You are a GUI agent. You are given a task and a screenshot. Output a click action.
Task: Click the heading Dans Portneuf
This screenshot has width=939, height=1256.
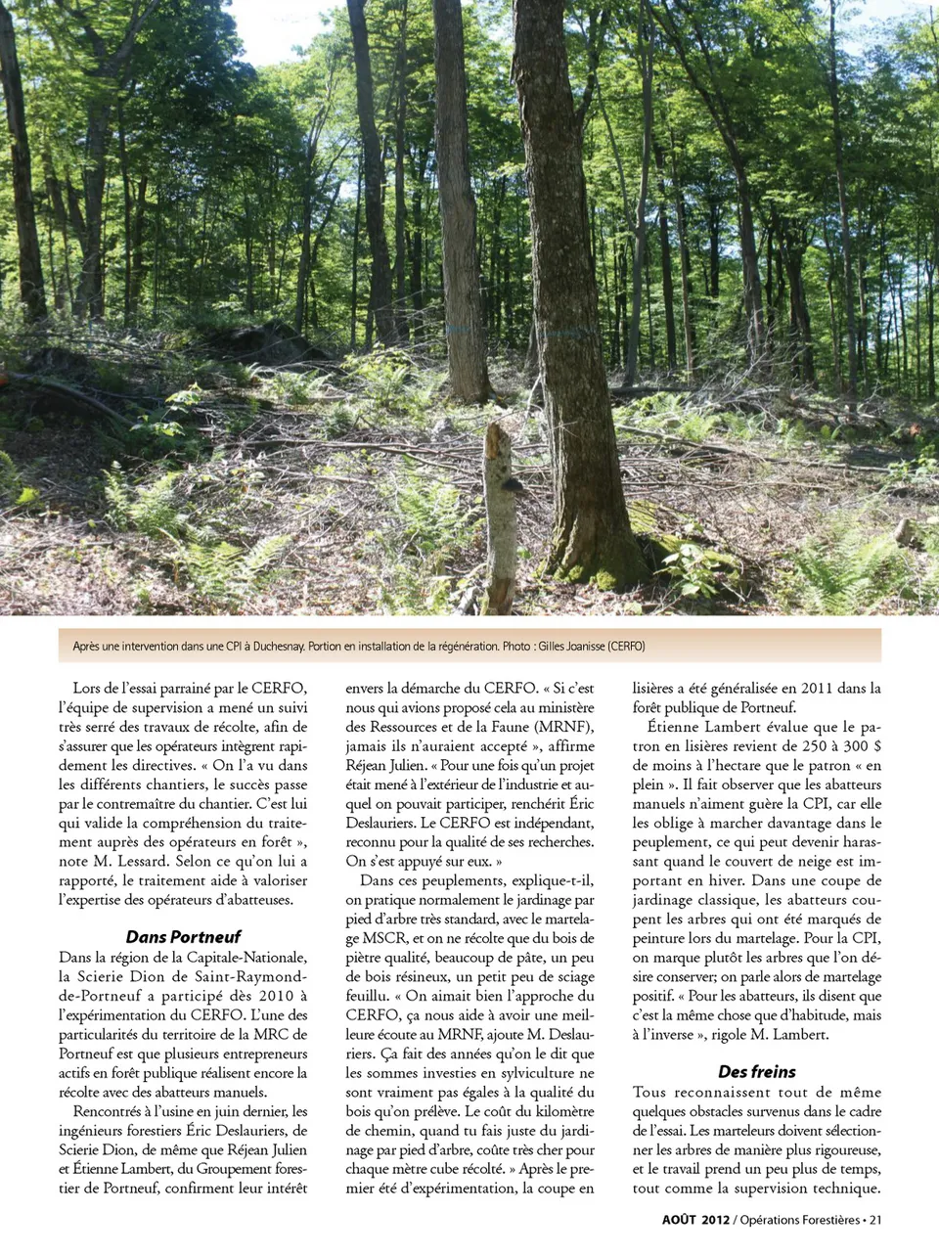[x=183, y=936]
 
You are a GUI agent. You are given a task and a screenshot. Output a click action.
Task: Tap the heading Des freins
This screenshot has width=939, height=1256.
[x=757, y=1071]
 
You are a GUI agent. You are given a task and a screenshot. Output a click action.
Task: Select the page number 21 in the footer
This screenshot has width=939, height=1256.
[x=875, y=1220]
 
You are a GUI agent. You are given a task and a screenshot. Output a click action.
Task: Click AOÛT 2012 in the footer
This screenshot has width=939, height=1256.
[x=695, y=1220]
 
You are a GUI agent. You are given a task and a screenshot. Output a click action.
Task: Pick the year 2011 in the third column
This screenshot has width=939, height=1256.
[x=818, y=688]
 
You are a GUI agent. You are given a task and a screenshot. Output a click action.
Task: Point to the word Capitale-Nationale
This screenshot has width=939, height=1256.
[x=246, y=958]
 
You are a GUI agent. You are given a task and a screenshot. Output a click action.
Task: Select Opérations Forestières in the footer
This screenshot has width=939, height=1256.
[x=799, y=1220]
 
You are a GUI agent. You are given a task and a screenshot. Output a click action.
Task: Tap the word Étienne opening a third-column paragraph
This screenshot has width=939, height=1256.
[x=673, y=727]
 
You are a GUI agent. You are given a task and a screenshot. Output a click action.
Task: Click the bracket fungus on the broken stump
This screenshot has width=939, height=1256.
[x=509, y=486]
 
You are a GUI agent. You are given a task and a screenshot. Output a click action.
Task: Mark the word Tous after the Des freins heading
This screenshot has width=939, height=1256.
[x=649, y=1093]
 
